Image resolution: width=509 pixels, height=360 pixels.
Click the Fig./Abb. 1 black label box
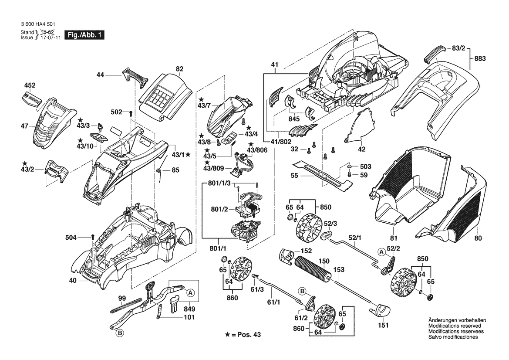click(84, 35)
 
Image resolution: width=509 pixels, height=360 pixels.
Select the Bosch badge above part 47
click(31, 99)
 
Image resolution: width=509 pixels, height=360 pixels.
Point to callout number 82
click(179, 69)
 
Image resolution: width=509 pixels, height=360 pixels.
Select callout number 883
click(479, 58)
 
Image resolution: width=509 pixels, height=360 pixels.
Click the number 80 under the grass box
click(478, 238)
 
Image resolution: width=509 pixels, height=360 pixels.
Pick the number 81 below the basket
click(394, 238)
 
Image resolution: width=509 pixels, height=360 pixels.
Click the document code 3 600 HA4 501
click(37, 26)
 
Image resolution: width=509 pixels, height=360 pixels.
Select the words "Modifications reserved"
click(455, 326)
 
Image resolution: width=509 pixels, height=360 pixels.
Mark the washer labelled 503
click(350, 167)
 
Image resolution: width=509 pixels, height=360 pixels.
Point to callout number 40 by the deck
click(72, 281)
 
